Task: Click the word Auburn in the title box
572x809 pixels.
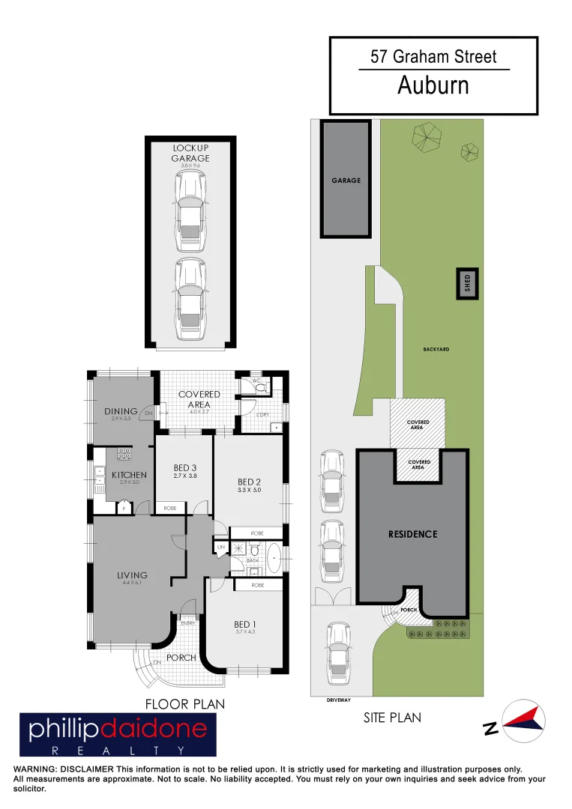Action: pos(433,85)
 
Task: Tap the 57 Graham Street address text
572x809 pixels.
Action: pos(433,56)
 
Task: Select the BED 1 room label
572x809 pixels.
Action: pos(244,625)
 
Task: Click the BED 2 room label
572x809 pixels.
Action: pos(249,482)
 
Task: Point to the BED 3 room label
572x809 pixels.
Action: pos(184,468)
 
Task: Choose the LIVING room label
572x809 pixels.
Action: pos(132,575)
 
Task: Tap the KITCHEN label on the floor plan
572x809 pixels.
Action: pos(129,475)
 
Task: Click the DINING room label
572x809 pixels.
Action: pos(121,411)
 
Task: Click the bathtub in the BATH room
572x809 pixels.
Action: pos(275,559)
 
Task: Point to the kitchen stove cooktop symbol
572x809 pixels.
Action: pos(124,454)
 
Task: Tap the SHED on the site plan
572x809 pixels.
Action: pos(468,285)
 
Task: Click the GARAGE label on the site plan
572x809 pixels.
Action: pos(346,181)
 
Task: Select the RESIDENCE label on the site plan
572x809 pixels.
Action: pos(412,534)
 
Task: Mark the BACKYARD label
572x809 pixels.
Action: pos(436,349)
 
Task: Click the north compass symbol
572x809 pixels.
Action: pos(520,721)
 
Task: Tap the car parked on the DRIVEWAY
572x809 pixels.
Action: pos(338,653)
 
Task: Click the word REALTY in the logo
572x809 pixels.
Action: pos(117,749)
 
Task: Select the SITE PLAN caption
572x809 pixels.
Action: pos(392,718)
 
